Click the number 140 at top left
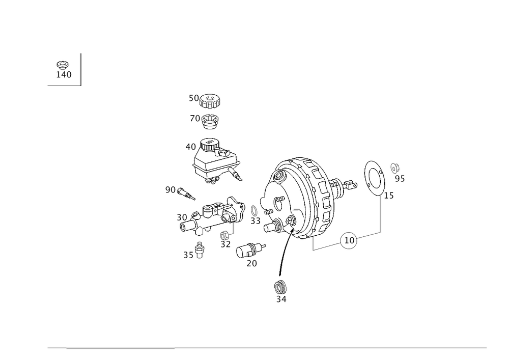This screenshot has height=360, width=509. point(64,75)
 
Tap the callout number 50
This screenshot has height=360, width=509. point(194,97)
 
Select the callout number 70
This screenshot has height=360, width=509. point(194,119)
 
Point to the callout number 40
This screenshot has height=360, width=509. point(190,147)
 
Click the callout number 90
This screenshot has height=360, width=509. point(170,190)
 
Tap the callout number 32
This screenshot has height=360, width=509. point(226,245)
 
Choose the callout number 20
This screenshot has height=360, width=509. point(251,264)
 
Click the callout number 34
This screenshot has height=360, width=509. point(281,300)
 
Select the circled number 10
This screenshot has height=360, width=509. point(349,240)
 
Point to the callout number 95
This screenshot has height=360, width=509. point(400,178)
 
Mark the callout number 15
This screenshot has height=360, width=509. point(389,196)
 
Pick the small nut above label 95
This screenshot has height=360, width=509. point(394,166)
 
